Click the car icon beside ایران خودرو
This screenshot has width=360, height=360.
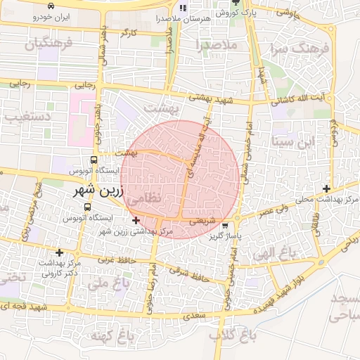point(51,6)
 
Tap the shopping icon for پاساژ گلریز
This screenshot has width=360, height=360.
point(224,226)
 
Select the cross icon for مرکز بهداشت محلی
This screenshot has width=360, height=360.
point(327,188)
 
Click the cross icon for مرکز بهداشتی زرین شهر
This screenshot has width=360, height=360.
point(135,221)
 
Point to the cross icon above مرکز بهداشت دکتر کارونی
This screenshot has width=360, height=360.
point(60,252)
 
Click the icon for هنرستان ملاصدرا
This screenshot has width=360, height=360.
point(183,8)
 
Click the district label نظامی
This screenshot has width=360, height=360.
point(145,200)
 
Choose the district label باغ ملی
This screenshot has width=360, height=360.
point(111,283)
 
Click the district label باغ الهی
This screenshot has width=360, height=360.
point(276,255)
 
